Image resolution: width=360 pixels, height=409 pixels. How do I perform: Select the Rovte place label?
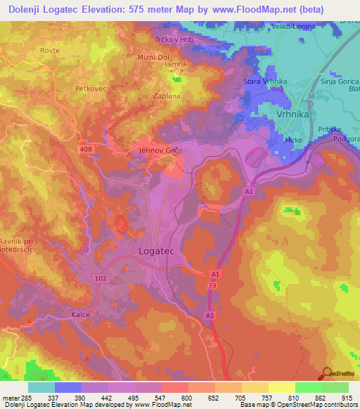50,51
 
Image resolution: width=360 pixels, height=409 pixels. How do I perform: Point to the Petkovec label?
90,89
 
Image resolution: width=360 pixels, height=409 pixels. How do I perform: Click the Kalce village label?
82,315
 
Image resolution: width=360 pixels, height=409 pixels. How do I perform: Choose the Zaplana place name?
167,96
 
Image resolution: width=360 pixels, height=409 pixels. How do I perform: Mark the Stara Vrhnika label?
265,82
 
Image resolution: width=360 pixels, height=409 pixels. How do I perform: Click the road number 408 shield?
86,149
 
